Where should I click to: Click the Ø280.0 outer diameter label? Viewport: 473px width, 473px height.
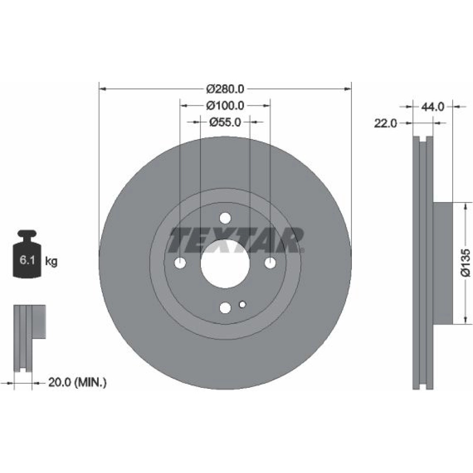point(225,89)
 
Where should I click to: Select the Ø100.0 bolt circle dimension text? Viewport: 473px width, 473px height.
point(225,105)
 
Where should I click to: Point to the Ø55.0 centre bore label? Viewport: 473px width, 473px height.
point(225,122)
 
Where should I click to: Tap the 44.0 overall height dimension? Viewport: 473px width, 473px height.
point(433,107)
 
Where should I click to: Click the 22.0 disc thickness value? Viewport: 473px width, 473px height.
point(385,123)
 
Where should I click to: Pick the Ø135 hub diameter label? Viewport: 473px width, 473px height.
point(466,263)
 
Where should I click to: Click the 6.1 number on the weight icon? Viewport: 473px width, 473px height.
point(27,260)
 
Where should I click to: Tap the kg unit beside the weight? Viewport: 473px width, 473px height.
point(51,261)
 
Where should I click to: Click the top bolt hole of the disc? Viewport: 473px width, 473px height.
point(225,218)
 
